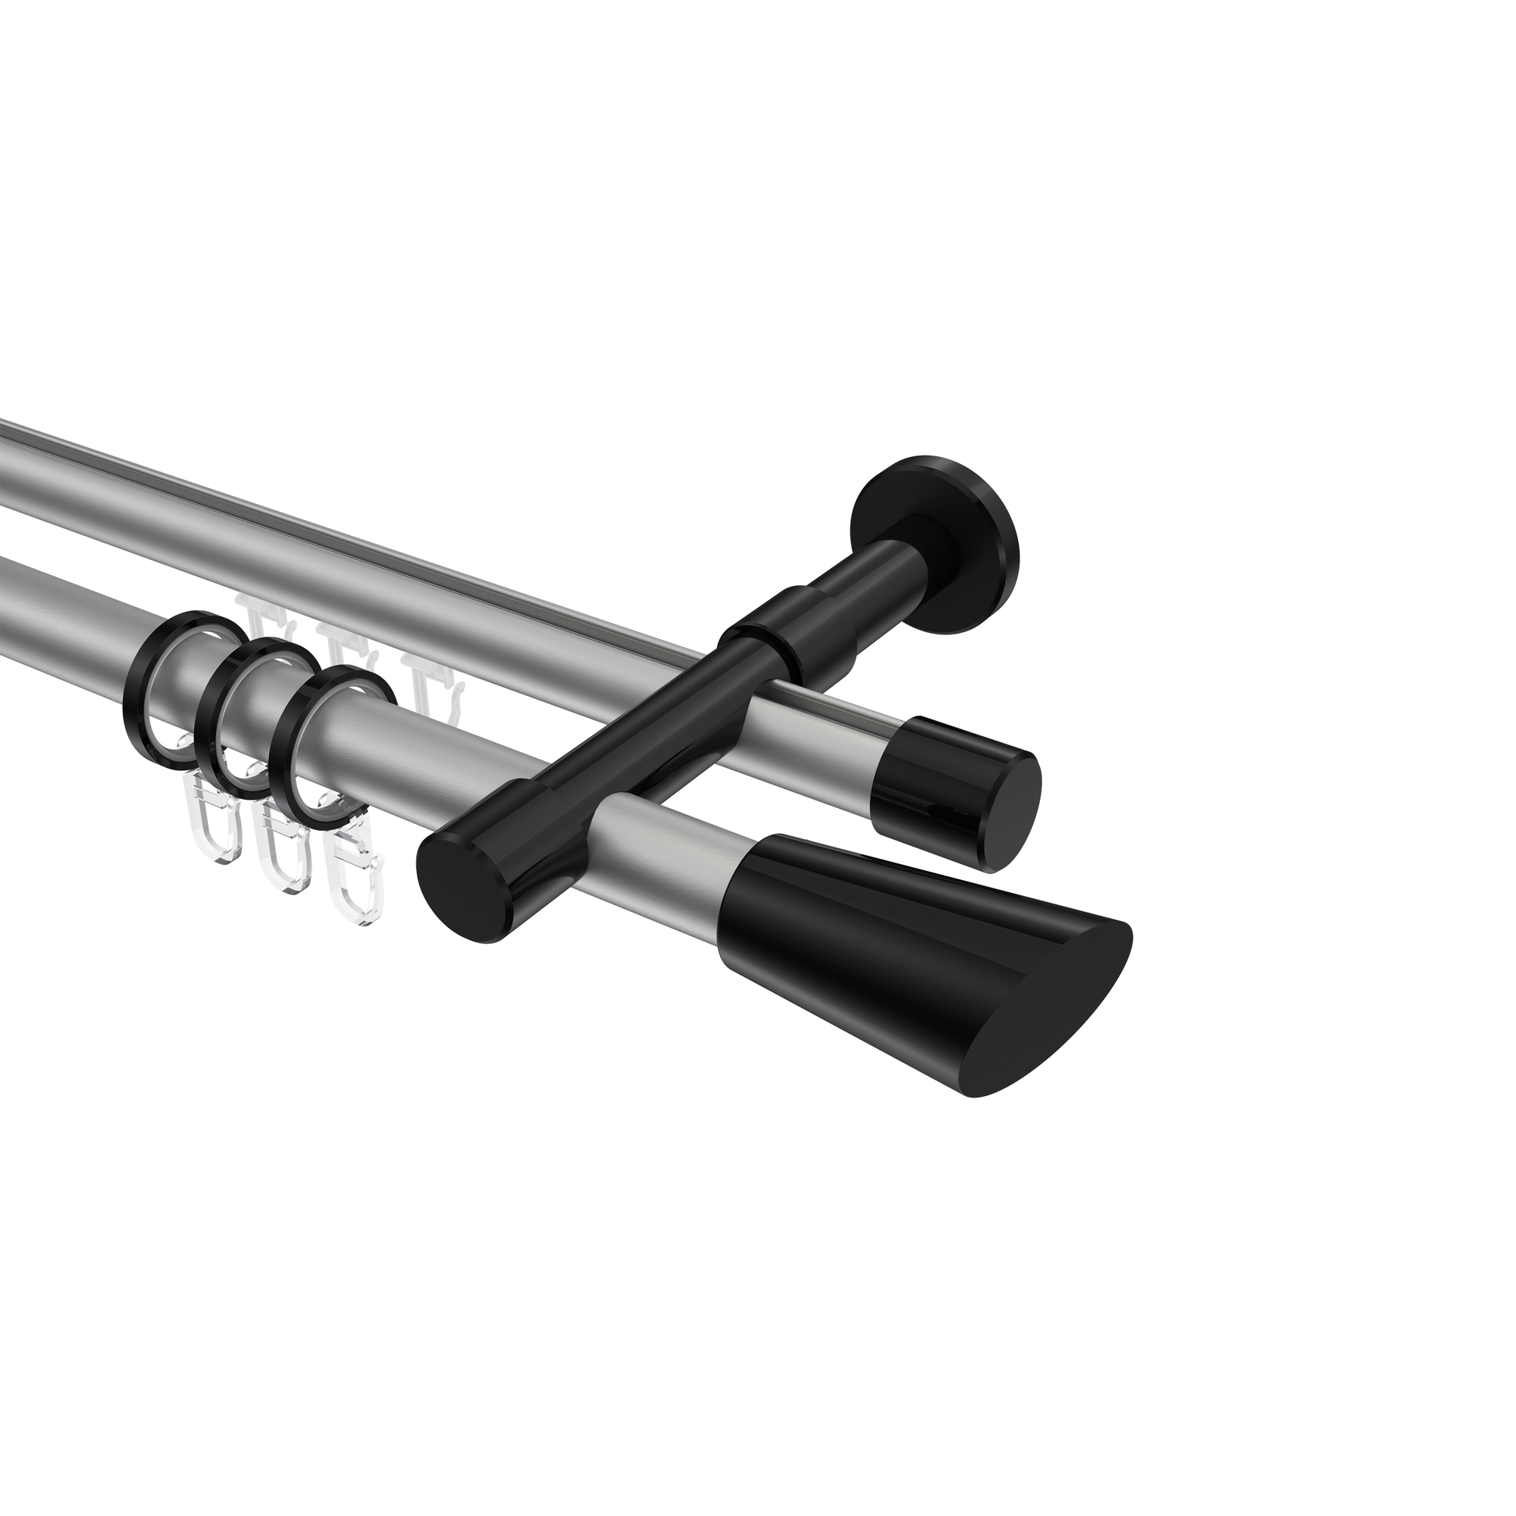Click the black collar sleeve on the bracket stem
click(x=773, y=636)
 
